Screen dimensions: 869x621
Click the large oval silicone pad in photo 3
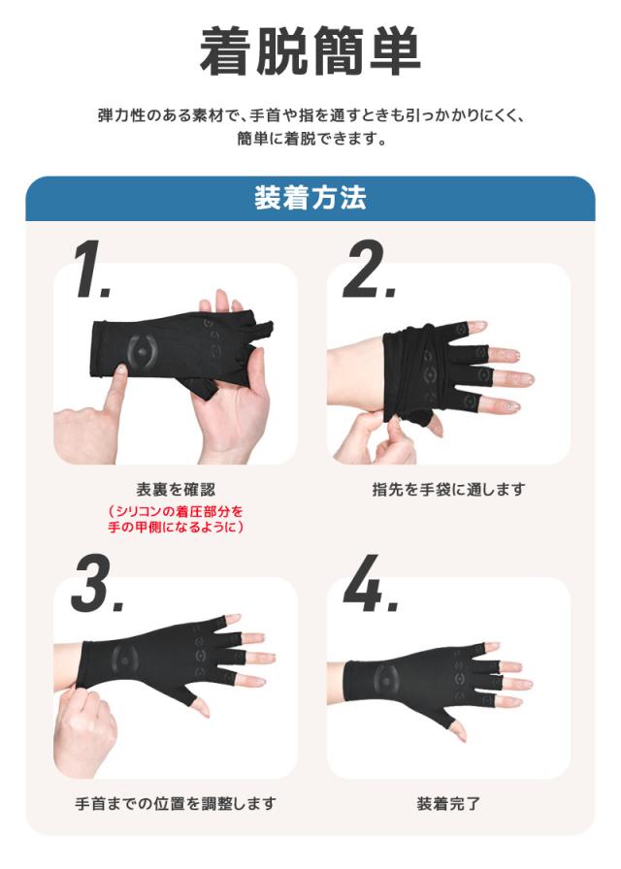[126, 659]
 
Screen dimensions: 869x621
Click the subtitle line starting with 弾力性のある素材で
[310, 115]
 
